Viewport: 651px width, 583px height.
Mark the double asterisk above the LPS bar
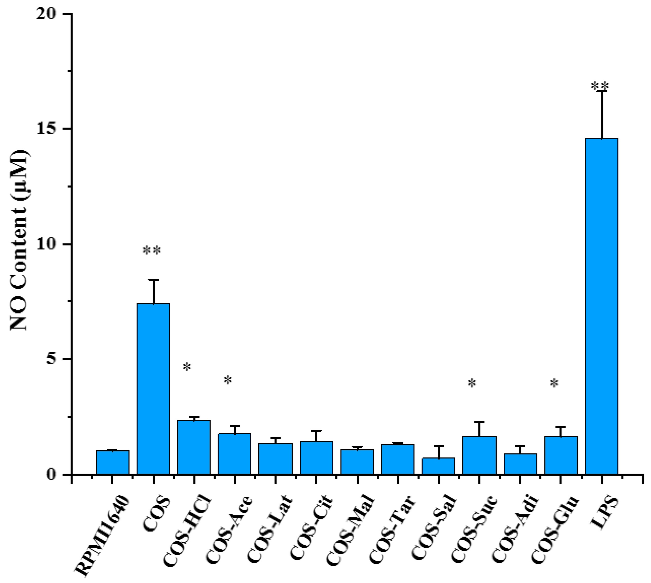tap(600, 86)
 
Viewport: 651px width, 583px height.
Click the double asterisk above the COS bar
tap(151, 251)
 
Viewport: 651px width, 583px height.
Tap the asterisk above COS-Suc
tap(472, 383)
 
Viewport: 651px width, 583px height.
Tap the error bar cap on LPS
tap(602, 91)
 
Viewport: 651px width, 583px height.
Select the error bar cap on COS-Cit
tap(316, 431)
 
